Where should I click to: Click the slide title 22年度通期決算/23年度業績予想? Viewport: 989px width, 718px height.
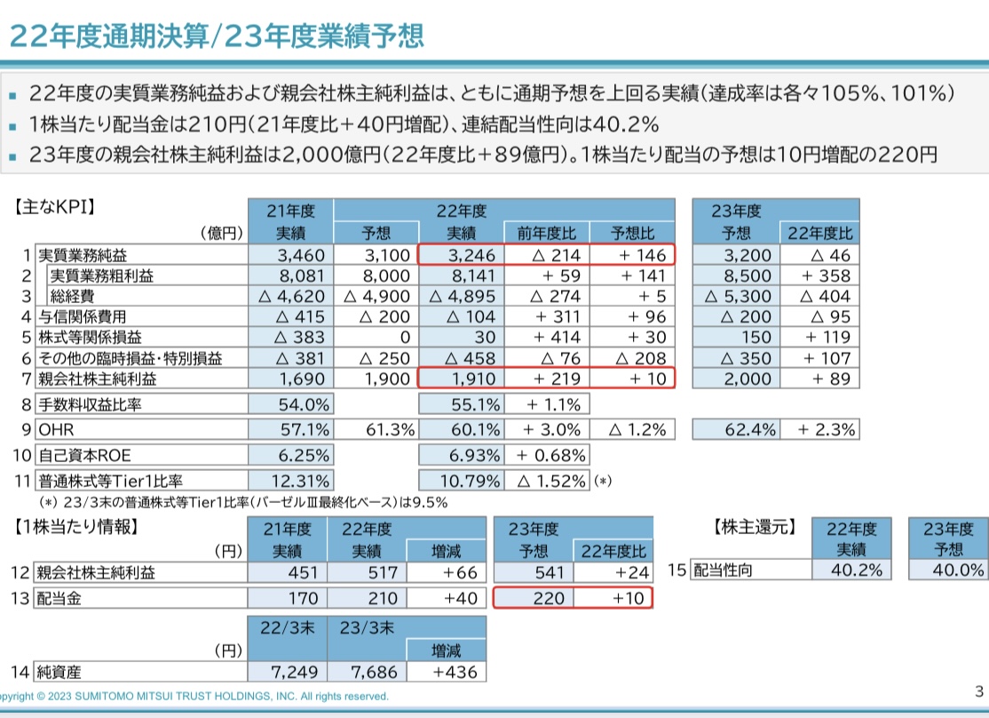click(216, 35)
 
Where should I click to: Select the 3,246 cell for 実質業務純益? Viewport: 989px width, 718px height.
click(460, 255)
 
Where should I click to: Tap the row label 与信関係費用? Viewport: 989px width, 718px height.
click(82, 316)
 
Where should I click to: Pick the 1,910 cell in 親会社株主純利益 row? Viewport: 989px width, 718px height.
click(460, 379)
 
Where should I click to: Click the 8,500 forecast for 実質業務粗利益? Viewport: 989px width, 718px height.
click(736, 275)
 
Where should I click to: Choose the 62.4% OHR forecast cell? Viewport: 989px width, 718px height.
click(736, 430)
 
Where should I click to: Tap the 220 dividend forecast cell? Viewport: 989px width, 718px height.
click(534, 597)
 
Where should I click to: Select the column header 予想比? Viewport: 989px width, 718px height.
click(632, 234)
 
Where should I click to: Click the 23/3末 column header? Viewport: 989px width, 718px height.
click(367, 626)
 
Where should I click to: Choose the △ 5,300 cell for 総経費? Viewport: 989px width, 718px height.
click(736, 296)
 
